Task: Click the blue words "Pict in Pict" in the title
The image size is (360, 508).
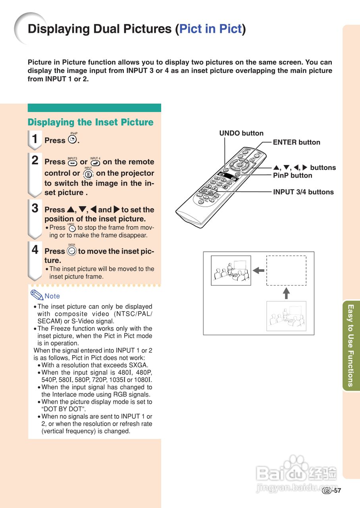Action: pyautogui.click(x=210, y=29)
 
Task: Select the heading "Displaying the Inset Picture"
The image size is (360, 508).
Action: pyautogui.click(x=90, y=122)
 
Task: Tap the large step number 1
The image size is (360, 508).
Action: pyautogui.click(x=35, y=139)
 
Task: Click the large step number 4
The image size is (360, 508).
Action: pyautogui.click(x=35, y=250)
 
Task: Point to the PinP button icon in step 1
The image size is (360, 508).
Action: pyautogui.click(x=72, y=140)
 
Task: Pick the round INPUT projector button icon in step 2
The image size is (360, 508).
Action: pyautogui.click(x=88, y=173)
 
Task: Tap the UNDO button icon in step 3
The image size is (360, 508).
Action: pyautogui.click(x=72, y=228)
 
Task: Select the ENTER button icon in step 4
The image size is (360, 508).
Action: pyautogui.click(x=72, y=251)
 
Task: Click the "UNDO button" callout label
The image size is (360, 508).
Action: pyautogui.click(x=241, y=133)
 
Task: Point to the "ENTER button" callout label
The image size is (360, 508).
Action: pyautogui.click(x=296, y=142)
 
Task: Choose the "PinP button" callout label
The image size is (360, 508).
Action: pyautogui.click(x=293, y=175)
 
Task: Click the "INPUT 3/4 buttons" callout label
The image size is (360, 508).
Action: pyautogui.click(x=303, y=192)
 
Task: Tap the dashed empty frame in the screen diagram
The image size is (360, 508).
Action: pyautogui.click(x=286, y=270)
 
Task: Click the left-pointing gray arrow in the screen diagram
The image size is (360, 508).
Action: pyautogui.click(x=258, y=271)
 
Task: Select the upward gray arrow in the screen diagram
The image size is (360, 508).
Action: pyautogui.click(x=286, y=293)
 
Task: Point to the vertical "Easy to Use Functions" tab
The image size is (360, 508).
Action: pyautogui.click(x=350, y=345)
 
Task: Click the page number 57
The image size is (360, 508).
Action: pyautogui.click(x=337, y=491)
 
